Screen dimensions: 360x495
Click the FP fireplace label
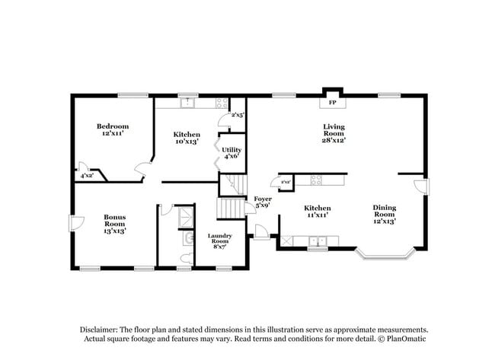tap(332, 102)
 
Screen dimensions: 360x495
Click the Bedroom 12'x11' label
tap(112, 129)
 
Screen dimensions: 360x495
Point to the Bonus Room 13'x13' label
tap(114, 223)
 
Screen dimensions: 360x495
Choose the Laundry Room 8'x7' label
tap(219, 241)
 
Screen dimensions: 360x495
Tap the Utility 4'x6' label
tap(232, 152)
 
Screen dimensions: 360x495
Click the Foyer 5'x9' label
tap(263, 202)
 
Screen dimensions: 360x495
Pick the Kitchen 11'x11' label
tap(318, 212)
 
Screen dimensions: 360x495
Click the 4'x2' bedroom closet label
tap(87, 176)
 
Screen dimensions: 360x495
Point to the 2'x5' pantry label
tap(237, 115)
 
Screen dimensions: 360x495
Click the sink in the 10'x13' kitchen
tap(187, 101)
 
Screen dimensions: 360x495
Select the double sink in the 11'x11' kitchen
tap(318, 242)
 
